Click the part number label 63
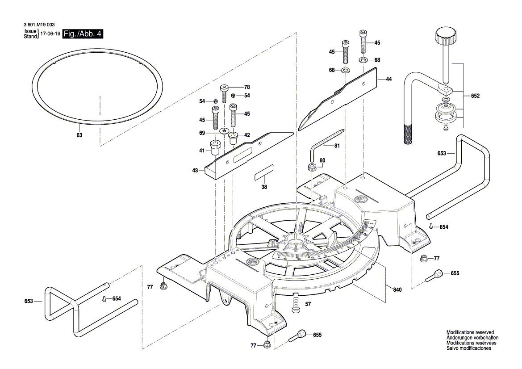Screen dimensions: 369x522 point(79,135)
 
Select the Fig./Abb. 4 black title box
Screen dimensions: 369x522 point(83,34)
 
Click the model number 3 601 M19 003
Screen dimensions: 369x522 point(38,26)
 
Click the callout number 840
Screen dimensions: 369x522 point(397,290)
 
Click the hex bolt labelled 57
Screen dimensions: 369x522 point(295,305)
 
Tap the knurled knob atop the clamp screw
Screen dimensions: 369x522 point(445,34)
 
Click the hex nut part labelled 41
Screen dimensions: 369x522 point(214,148)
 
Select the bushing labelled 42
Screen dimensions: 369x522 point(233,136)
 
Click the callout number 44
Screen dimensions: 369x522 point(388,79)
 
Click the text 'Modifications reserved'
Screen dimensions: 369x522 point(470,333)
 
